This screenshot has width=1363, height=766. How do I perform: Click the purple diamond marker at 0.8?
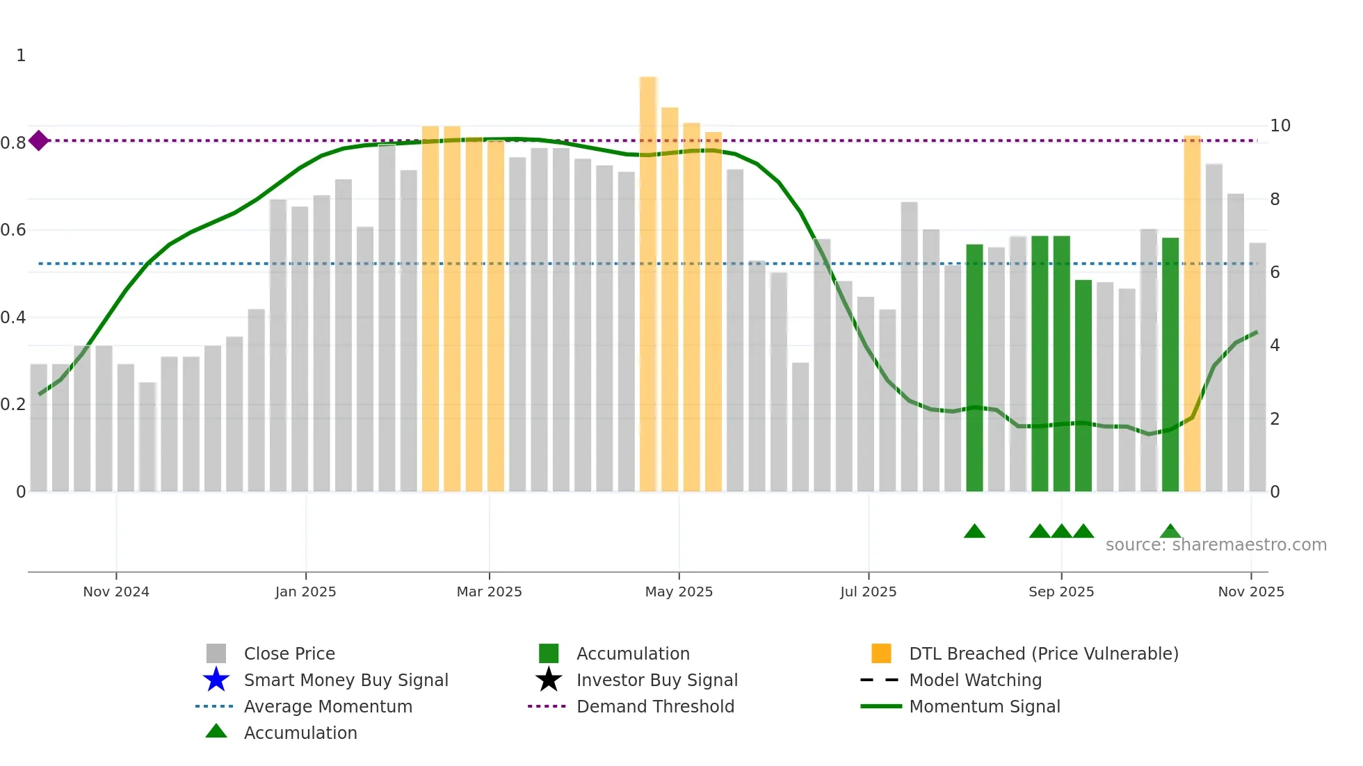click(39, 140)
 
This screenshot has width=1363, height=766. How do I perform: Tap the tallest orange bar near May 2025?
click(648, 278)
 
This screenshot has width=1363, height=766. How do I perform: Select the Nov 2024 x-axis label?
click(116, 592)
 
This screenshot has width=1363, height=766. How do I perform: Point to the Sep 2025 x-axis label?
click(1061, 592)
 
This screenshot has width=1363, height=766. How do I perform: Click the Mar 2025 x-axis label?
click(489, 592)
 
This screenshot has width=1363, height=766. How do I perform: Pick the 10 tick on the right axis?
click(1280, 126)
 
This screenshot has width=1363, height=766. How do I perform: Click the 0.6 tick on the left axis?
click(14, 230)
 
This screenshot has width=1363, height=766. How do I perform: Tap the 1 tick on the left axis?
click(21, 56)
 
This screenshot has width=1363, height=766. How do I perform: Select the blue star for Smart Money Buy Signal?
click(216, 680)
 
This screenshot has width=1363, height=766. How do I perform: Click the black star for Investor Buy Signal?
click(549, 680)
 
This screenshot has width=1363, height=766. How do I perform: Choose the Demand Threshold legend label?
click(655, 706)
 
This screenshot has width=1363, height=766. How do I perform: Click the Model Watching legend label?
click(975, 680)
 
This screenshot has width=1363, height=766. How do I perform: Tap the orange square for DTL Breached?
click(881, 653)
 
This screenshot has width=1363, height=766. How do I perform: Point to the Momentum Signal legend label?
click(985, 706)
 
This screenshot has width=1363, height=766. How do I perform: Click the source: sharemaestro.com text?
click(1216, 545)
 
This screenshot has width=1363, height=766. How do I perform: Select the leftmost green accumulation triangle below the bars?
click(974, 532)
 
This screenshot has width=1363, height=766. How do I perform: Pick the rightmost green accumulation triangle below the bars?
click(1170, 532)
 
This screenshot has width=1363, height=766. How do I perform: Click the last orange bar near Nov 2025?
click(1192, 313)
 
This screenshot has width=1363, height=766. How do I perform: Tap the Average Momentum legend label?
click(328, 706)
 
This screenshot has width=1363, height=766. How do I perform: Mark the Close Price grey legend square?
click(216, 653)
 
